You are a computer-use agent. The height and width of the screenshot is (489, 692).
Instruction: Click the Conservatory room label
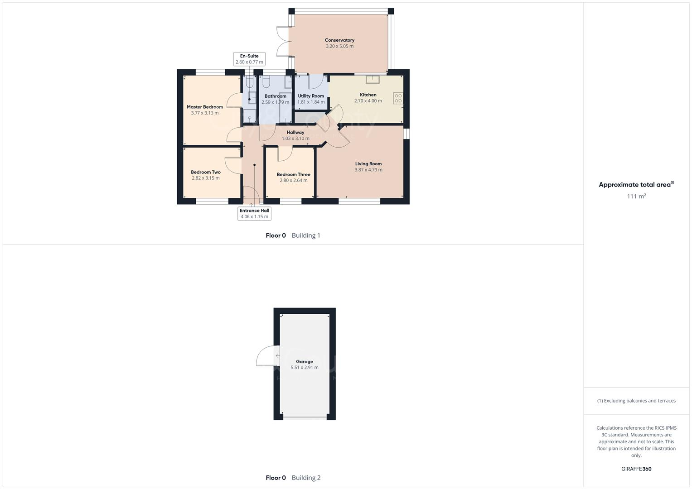click(x=339, y=40)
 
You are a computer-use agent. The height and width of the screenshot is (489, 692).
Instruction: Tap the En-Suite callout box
click(x=249, y=59)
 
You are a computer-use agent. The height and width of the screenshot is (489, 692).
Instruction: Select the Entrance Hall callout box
click(x=254, y=214)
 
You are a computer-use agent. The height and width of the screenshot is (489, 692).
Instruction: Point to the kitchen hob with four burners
click(x=398, y=98)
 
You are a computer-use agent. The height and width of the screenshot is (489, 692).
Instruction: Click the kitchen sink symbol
click(x=373, y=80)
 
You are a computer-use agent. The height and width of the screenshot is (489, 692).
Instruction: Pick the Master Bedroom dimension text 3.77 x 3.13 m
click(x=205, y=113)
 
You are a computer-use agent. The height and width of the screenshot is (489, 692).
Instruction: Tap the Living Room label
click(x=368, y=164)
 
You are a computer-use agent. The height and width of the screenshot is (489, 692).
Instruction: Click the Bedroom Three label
click(x=293, y=175)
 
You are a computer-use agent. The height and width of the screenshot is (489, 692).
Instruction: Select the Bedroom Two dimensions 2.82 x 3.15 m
click(x=206, y=178)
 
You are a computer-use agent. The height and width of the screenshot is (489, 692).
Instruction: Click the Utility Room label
click(x=311, y=96)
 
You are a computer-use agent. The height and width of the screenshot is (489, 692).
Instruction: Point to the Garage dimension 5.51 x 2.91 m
click(x=305, y=368)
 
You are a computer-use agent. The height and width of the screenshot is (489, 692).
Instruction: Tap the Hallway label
click(x=295, y=133)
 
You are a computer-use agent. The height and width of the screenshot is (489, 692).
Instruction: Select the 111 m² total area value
click(x=636, y=197)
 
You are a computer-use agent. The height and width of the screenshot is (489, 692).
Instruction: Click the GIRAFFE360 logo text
click(x=636, y=469)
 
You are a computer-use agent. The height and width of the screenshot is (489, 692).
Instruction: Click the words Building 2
click(x=306, y=478)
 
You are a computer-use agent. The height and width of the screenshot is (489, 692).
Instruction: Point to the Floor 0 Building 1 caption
click(x=293, y=235)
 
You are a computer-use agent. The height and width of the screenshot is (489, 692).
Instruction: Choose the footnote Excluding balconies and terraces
click(x=636, y=401)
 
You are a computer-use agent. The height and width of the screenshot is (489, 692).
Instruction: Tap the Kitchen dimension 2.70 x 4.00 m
click(x=368, y=101)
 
